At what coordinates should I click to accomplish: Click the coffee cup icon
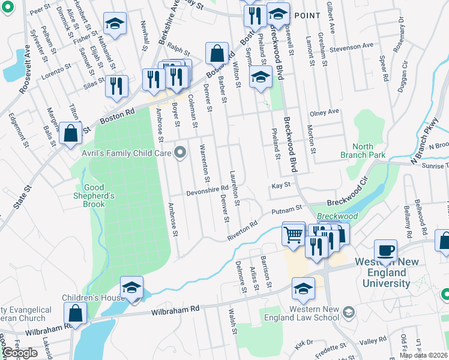coord(385,251)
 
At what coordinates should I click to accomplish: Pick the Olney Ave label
coord(324,112)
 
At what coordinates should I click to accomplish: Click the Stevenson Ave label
coord(351,46)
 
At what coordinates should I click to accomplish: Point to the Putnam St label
coord(286,209)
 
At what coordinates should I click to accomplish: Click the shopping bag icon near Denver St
coord(217,53)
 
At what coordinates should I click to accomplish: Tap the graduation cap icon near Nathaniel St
coord(113,25)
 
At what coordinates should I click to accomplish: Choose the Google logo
coord(20,353)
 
